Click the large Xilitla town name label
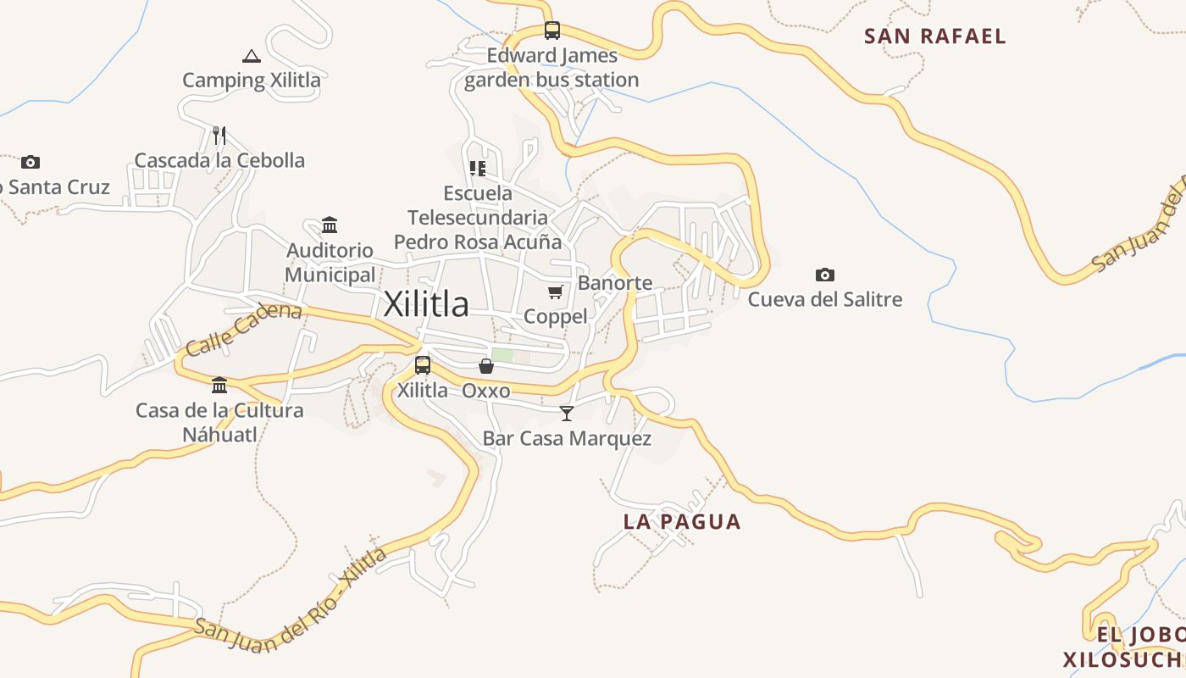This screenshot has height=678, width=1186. (426, 304)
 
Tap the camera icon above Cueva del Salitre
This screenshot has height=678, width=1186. (824, 275)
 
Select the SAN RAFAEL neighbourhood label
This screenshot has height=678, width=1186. (935, 36)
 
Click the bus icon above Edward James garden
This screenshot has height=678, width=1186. (552, 31)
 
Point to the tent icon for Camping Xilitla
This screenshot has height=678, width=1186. (251, 57)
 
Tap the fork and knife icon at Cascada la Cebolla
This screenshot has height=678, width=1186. (219, 136)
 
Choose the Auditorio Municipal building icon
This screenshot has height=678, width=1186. (330, 225)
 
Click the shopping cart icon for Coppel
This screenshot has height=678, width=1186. (556, 292)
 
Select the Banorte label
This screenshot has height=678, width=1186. (615, 283)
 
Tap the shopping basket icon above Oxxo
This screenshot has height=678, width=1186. (486, 366)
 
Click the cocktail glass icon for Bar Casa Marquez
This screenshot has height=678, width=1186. (567, 414)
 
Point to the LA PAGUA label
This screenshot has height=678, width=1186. (682, 522)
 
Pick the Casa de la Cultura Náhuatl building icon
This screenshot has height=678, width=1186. (219, 386)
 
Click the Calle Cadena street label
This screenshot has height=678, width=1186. (243, 329)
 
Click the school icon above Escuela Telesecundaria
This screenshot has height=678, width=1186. (478, 169)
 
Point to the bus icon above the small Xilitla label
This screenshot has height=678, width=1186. (423, 366)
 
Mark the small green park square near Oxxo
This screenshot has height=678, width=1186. (502, 356)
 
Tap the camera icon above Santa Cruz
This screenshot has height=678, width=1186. (30, 162)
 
